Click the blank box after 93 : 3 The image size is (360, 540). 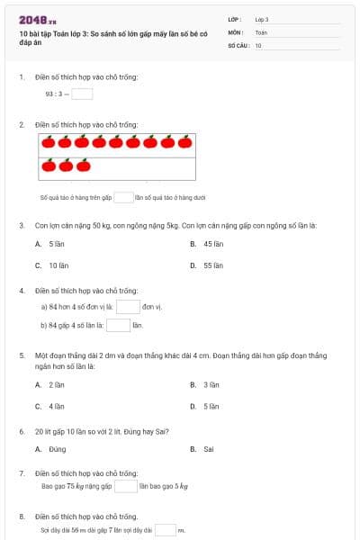tap(82, 93)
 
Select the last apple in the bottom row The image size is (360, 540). tap(84, 165)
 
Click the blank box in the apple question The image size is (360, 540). tap(123, 196)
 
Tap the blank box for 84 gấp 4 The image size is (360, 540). tap(119, 325)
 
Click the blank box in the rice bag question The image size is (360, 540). tap(126, 487)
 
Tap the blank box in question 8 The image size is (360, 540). tap(166, 530)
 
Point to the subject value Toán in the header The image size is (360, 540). tap(261, 31)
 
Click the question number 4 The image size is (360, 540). tap(22, 291)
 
